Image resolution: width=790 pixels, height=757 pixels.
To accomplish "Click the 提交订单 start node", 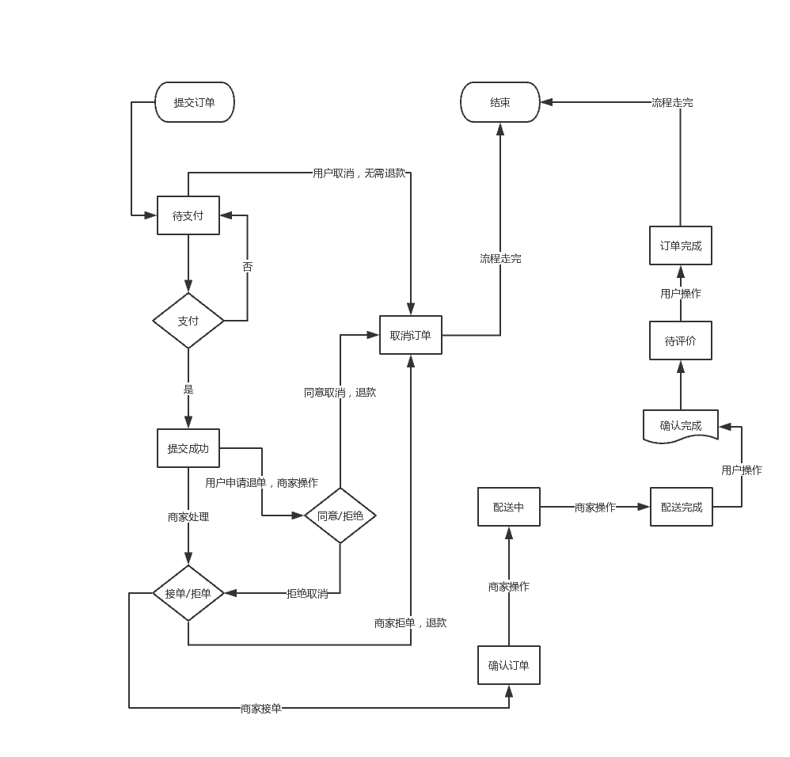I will point(195,102).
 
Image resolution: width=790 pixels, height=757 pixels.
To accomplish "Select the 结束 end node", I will point(500,102).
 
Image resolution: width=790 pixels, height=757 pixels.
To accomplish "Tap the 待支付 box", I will point(188,215).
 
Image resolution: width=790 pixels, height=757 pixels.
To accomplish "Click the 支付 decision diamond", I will point(188,321).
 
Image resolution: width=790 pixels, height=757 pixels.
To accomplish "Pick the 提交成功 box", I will point(188,448).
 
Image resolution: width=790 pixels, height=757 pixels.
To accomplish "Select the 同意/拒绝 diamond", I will point(340,515).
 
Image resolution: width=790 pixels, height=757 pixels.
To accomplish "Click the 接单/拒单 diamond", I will point(188,593).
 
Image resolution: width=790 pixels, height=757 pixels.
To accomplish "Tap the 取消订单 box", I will point(411,335).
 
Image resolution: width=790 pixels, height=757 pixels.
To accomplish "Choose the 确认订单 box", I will point(509,665).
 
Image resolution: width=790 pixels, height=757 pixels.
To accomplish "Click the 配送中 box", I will point(509,507).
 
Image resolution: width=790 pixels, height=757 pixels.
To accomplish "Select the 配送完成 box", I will point(682,507).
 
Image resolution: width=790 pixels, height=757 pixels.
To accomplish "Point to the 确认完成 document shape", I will point(681,426).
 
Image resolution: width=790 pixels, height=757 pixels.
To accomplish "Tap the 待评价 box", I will point(681,340).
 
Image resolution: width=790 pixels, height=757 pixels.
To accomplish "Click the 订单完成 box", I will point(681,245).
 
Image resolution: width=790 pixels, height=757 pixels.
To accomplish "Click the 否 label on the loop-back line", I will point(248,267).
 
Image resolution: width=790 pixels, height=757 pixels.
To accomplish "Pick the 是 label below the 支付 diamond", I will point(188,389).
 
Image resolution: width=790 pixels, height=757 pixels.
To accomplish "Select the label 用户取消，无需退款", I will point(359,173).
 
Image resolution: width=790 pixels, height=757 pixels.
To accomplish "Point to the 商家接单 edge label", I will point(261,708).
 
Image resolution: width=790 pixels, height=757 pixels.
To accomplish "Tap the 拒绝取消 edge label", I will point(307,593).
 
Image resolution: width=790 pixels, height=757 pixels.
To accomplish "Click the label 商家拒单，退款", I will point(410,622).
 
